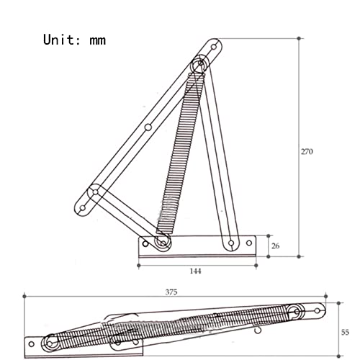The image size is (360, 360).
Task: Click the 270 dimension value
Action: (307, 152)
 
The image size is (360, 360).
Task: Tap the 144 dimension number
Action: (196, 271)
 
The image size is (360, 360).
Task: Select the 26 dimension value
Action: (276, 246)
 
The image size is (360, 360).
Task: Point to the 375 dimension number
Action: (171, 292)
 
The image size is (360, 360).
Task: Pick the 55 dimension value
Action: (345, 333)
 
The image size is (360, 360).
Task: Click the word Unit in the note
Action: (59, 40)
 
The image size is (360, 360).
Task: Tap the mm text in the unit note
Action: (98, 41)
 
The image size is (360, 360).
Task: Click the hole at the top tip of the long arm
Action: (214, 47)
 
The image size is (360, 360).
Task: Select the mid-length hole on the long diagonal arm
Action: (148, 127)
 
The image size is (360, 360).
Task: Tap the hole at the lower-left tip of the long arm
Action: (82, 208)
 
